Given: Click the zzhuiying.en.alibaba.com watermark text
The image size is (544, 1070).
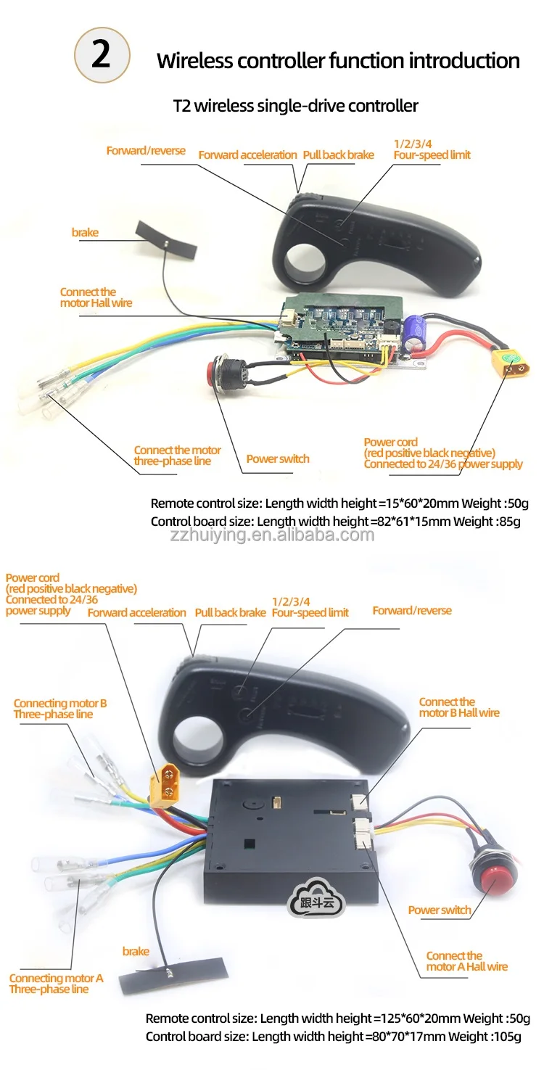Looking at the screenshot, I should coord(273,535).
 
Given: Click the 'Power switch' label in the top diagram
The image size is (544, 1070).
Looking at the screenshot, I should coord(278,458).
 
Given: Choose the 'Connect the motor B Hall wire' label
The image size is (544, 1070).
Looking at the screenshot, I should coord(458,707).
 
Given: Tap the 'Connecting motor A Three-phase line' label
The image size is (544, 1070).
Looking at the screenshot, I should coord(56,984).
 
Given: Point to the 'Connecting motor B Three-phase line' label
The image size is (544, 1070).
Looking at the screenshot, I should coord(60,709).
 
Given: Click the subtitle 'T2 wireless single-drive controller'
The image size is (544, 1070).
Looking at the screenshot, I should coord(295,106).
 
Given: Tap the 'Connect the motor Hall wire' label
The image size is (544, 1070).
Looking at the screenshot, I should coord(96,297).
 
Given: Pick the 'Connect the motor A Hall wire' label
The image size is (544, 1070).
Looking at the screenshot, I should coord(466,961).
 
